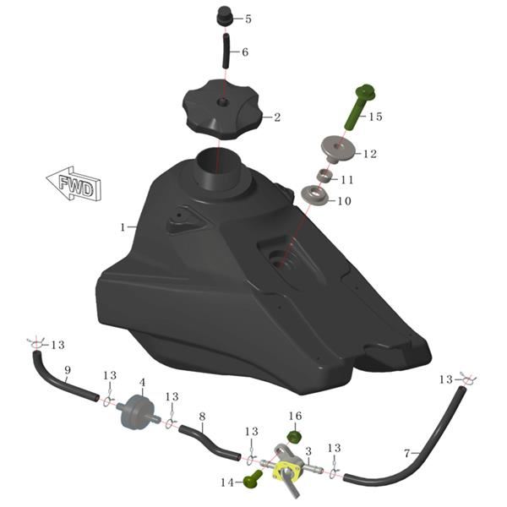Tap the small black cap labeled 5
pos(224,15)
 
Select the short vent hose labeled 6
pos(226,51)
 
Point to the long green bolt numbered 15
pos(357,106)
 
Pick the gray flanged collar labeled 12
pos(337,150)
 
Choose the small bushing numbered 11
pos(324,176)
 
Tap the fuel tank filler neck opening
pos(218,158)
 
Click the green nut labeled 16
pos(294,437)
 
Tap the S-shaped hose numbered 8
pos(210,442)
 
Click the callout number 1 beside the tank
pos(123,227)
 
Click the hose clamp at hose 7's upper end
pos(467,379)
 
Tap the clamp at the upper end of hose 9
pos(37,344)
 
